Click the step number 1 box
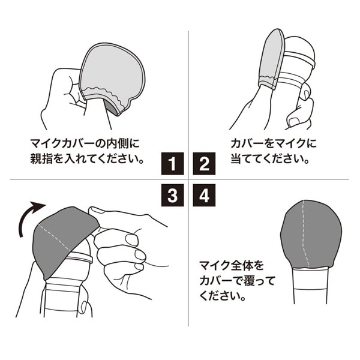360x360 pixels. coord(172,163)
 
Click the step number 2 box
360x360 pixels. coord(204,163)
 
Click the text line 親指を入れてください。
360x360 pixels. coord(89,160)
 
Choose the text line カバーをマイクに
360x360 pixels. coord(273,145)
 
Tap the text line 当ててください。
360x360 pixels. coord(269,160)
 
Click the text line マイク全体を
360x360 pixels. coord(230,265)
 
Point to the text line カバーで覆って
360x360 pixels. coord(235,280)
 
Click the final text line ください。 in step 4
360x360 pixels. coord(222,296)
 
